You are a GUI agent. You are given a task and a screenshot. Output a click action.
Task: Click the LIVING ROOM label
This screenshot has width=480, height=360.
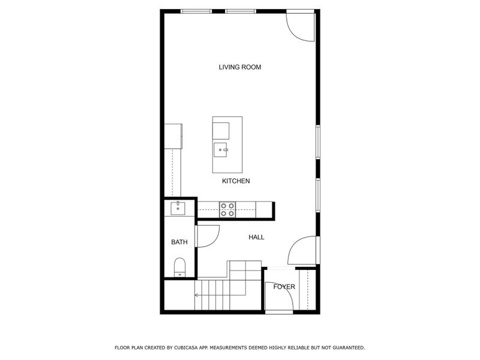pos(239,67)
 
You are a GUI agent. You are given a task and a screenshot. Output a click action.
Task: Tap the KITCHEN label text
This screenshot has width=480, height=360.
pos(236,181)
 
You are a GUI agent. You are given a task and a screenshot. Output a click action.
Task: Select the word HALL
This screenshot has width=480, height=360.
pos(256,237)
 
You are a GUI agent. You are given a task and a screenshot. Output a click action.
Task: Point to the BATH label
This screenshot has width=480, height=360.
pos(179,242)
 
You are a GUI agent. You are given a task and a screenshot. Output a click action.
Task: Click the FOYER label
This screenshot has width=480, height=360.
pos(284,287)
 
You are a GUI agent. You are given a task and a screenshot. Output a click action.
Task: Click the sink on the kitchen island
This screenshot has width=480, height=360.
pos(220,149)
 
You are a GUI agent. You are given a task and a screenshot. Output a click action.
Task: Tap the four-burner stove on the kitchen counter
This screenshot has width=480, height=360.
pos(227,209)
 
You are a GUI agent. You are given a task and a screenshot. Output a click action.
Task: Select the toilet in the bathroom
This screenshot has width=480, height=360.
pos(179,268)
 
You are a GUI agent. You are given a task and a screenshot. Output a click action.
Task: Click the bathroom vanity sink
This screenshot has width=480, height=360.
pos(178,209)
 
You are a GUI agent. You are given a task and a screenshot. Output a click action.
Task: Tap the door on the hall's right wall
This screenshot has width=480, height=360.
pos(302,251)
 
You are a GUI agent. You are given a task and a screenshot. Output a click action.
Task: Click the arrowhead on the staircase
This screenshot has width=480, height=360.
pos(197,295)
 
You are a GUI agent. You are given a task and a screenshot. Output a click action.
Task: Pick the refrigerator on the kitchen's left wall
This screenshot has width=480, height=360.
pos(173,135)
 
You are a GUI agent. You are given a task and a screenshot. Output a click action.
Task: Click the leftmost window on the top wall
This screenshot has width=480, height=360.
pos(196,11)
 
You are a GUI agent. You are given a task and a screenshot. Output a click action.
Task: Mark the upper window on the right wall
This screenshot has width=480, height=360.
pos(319,142)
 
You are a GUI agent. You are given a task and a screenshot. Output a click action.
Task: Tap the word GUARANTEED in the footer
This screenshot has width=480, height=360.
pos(344,347)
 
